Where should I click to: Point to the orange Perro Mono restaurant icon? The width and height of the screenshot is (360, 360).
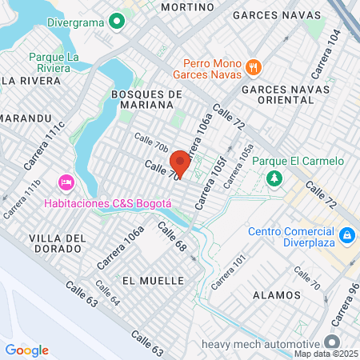(254, 66)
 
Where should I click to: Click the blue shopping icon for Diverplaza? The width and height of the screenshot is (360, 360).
(347, 236)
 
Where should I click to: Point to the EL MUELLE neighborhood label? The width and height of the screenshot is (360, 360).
(148, 281)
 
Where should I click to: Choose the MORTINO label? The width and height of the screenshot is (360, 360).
(188, 6)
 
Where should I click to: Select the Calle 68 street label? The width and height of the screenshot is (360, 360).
(171, 238)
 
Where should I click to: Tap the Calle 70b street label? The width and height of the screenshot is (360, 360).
(151, 143)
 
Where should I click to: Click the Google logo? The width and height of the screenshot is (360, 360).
(27, 350)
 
